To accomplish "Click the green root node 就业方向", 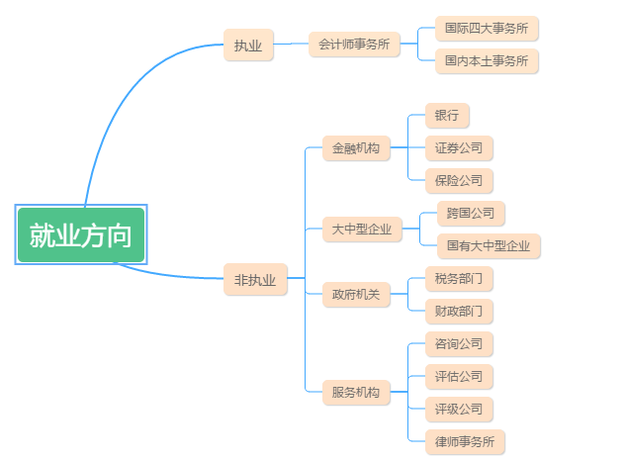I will click(81, 235).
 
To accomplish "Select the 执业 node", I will click(248, 45).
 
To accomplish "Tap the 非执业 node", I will click(254, 280).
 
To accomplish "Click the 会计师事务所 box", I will click(354, 45).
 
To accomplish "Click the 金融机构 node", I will click(355, 148).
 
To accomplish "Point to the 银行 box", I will click(447, 116).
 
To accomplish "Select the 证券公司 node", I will click(459, 148).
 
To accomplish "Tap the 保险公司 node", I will click(459, 180).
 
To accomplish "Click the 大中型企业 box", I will click(361, 230).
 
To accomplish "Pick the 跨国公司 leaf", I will click(471, 213).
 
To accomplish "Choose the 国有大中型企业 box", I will click(489, 245).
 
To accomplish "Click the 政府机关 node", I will click(355, 294).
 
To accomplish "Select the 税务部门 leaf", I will click(459, 278).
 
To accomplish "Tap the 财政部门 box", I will click(459, 311).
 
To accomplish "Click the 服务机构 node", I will click(355, 392).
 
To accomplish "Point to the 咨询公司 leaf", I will click(459, 344).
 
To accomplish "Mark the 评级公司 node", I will click(459, 409).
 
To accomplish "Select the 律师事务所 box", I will click(465, 441).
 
